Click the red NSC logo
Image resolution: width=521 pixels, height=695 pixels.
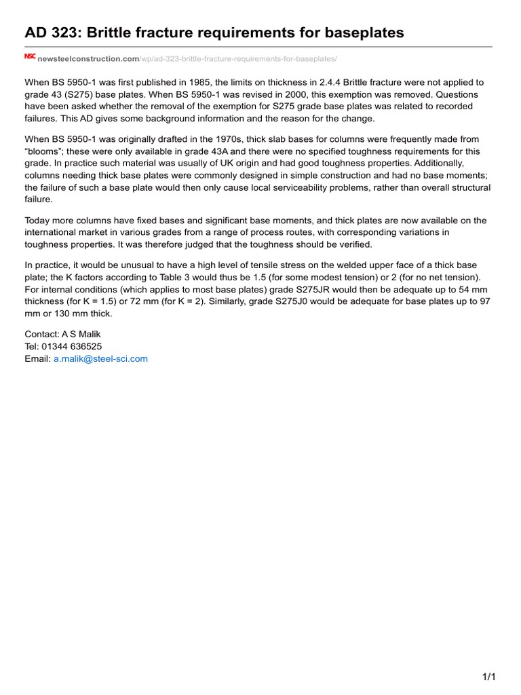point(30,58)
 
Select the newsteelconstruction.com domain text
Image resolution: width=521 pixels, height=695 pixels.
point(88,60)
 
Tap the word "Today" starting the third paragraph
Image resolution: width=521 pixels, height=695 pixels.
point(37,221)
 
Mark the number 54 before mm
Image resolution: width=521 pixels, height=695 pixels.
point(461,288)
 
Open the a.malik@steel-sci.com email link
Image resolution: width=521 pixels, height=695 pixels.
point(100,358)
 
